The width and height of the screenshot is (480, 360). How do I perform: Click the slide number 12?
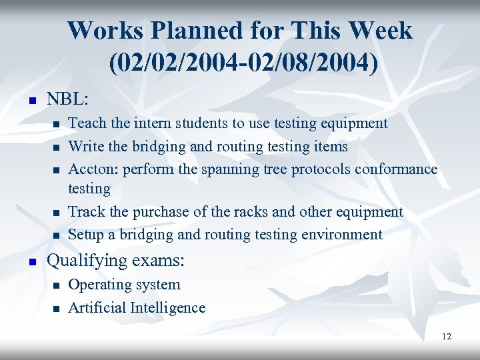[446, 337]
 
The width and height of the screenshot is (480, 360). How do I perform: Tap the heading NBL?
[67, 99]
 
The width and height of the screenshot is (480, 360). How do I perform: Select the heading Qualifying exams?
[115, 260]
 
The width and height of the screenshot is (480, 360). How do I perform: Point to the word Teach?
[87, 123]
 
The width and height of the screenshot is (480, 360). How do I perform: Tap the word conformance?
[396, 169]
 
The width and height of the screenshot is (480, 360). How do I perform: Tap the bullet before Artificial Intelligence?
[56, 309]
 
